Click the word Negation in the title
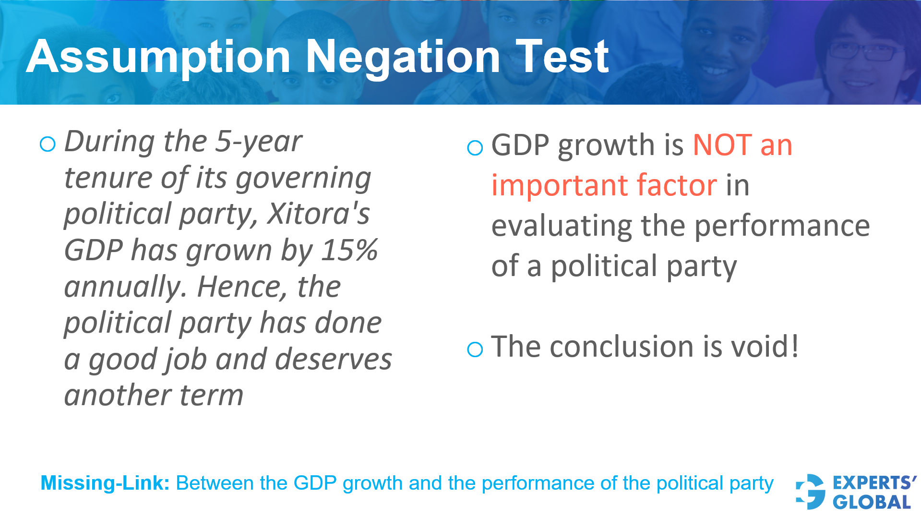point(403,58)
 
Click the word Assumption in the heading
point(158,58)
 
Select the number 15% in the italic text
point(349,251)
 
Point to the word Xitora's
point(319,214)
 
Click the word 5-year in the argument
point(259,142)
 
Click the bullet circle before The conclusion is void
point(475,349)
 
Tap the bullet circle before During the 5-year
point(48,144)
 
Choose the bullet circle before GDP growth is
point(475,147)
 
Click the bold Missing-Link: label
point(105,483)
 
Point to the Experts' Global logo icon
point(810,492)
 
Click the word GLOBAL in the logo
point(872,503)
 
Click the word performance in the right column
point(782,226)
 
